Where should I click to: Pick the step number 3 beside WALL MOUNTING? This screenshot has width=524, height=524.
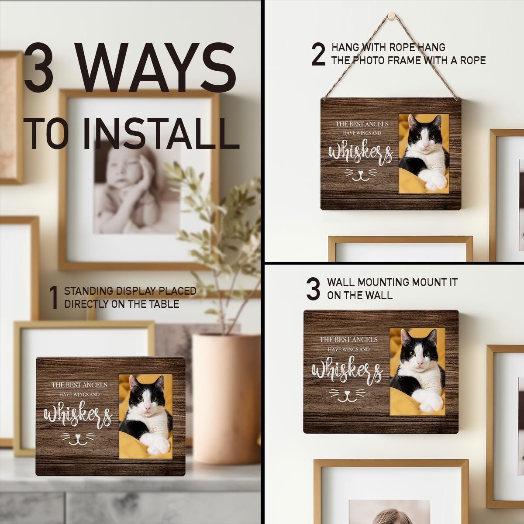pos(313,289)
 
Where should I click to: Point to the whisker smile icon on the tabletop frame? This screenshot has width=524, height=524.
pos(78,440)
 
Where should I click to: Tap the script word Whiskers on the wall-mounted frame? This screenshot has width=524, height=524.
pos(347,370)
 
